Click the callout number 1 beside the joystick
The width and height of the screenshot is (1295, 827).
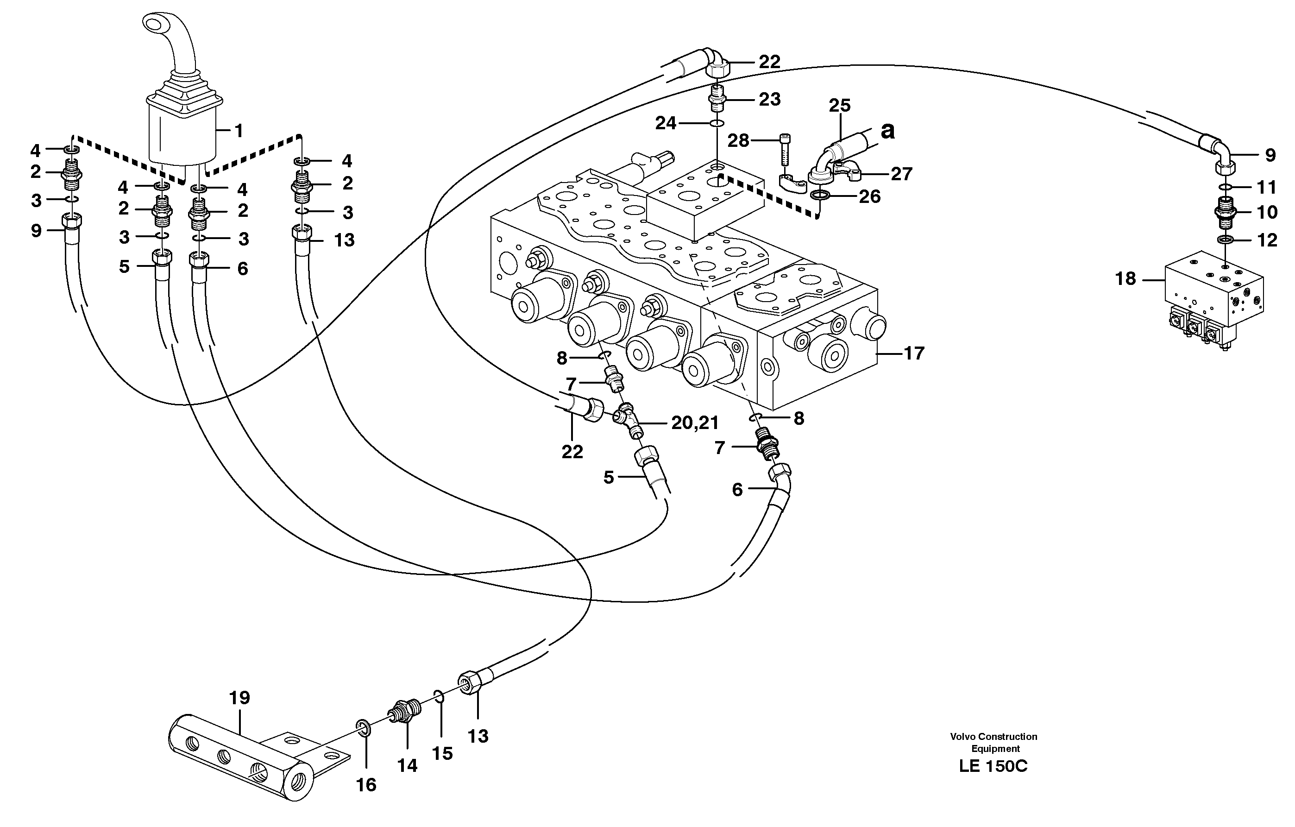(238, 131)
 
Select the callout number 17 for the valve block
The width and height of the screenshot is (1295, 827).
(914, 354)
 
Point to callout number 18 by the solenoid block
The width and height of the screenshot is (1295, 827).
(1125, 279)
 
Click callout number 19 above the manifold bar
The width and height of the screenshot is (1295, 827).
(239, 698)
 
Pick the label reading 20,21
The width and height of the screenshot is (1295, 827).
(695, 423)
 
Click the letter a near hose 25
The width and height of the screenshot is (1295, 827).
(888, 131)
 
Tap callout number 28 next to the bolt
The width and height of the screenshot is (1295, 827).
(738, 141)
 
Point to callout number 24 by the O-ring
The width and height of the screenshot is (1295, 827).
(665, 124)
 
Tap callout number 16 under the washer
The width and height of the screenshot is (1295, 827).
(366, 785)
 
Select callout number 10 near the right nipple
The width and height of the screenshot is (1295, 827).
(1267, 213)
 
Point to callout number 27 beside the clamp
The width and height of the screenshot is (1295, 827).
(901, 174)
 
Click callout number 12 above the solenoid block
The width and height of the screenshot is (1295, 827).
(1267, 240)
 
